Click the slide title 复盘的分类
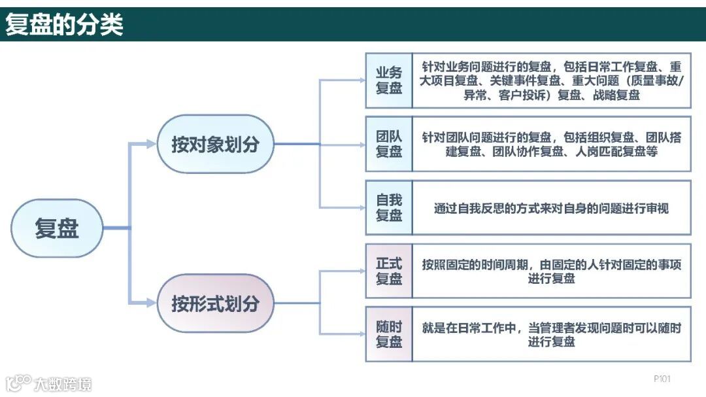tap(64, 25)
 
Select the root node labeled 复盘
tap(57, 228)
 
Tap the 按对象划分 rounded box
tap(215, 145)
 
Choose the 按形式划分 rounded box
tap(215, 303)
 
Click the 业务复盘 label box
tap(389, 80)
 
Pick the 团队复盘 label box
tap(389, 144)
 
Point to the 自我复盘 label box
tap(389, 207)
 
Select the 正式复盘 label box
tap(389, 271)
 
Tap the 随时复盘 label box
tap(389, 334)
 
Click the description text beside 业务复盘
tap(552, 80)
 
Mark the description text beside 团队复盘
tap(552, 144)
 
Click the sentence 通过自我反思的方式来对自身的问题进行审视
tap(552, 209)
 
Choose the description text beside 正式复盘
tap(552, 271)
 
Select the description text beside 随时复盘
tap(552, 334)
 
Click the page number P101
tap(662, 379)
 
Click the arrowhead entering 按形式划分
tap(152, 303)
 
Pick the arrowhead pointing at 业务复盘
tap(361, 80)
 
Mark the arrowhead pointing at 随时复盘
tap(361, 334)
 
